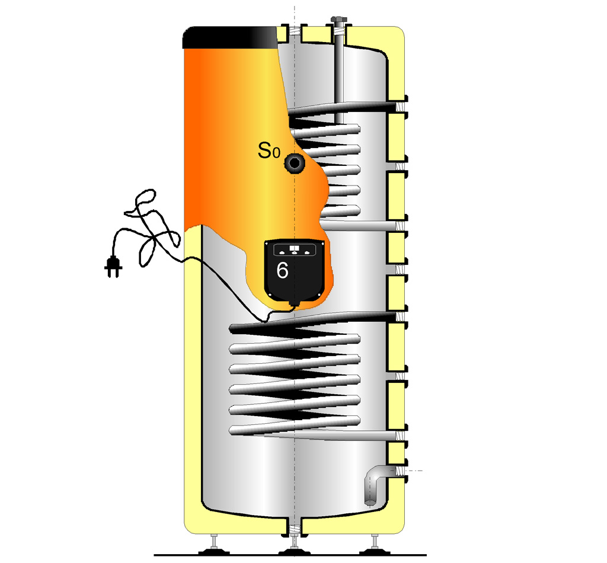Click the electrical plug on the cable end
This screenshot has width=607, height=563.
[x=113, y=267]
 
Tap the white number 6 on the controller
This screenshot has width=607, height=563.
[x=282, y=270]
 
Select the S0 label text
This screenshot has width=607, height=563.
[x=269, y=151]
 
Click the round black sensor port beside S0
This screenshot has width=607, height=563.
[x=295, y=164]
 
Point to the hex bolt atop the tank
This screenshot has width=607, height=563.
[x=338, y=20]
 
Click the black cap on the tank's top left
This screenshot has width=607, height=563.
[x=230, y=37]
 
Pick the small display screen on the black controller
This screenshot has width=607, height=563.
[x=294, y=248]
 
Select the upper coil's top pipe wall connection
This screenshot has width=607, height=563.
[x=400, y=105]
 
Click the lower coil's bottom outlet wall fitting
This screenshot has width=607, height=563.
[x=400, y=436]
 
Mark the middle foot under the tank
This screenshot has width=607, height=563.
[x=294, y=546]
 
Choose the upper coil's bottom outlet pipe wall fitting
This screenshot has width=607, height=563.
[x=400, y=226]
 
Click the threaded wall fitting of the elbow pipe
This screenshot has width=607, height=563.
[x=400, y=471]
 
